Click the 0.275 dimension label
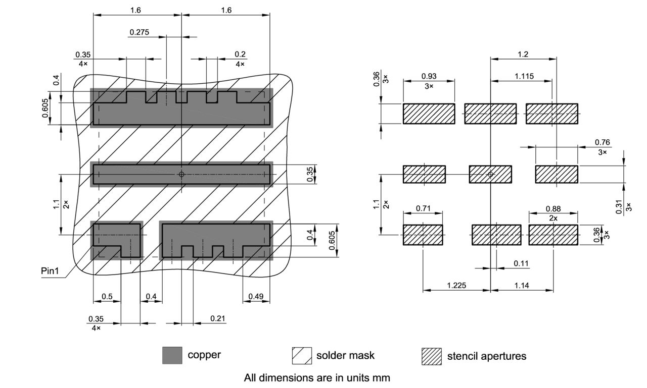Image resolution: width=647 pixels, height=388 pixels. (x=139, y=32)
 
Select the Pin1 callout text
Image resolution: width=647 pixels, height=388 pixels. (x=50, y=271)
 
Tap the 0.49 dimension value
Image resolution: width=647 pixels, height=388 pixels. (x=256, y=297)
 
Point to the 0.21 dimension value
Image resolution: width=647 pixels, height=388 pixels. (x=217, y=318)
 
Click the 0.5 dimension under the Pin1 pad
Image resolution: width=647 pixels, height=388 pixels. (x=107, y=297)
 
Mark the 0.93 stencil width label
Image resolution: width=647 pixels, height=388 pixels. (x=429, y=76)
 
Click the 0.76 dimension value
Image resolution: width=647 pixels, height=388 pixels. (x=603, y=142)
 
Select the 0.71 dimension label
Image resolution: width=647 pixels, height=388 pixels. (x=423, y=208)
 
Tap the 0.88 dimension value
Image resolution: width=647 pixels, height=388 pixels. (x=553, y=208)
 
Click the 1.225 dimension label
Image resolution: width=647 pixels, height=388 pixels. (x=456, y=286)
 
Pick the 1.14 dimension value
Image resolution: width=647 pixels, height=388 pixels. (x=521, y=286)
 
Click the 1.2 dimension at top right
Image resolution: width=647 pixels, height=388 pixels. (x=523, y=54)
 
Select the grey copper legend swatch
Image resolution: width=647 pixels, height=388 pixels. (x=172, y=355)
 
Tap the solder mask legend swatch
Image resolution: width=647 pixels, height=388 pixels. (x=302, y=355)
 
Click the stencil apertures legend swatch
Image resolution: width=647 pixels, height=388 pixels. (x=431, y=356)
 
